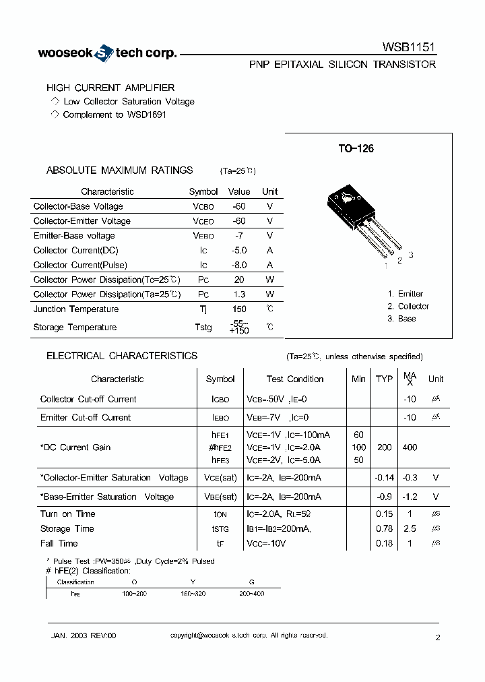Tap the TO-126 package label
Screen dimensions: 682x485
coord(356,149)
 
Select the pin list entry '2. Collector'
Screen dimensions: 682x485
coord(408,306)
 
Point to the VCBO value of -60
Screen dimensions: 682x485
coord(239,206)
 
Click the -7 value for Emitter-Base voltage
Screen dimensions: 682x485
coord(239,236)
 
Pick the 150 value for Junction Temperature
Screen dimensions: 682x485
coord(239,309)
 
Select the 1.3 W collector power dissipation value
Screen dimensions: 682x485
coord(239,294)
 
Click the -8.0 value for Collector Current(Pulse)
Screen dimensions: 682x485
coord(239,265)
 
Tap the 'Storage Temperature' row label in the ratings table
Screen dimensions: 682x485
coord(75,328)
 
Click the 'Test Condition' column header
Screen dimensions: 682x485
coord(294,379)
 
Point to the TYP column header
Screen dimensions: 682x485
coord(384,379)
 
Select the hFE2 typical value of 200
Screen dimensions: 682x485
coord(384,447)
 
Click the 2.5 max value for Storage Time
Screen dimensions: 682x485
coord(410,529)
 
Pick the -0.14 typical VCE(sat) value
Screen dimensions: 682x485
coord(384,478)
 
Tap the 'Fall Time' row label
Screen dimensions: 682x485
coord(59,543)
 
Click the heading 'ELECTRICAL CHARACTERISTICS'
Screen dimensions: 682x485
coord(122,356)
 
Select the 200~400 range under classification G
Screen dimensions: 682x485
coord(251,593)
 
